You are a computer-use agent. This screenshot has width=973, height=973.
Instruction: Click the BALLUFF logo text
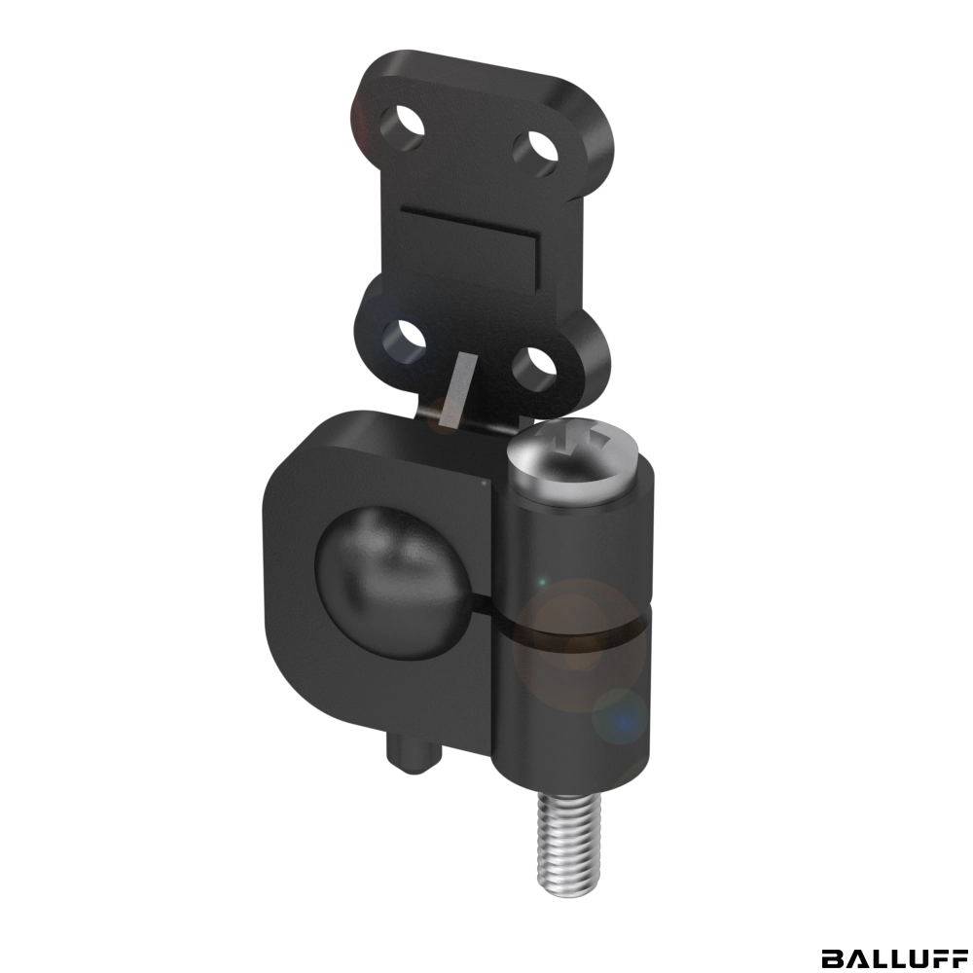pyautogui.click(x=893, y=956)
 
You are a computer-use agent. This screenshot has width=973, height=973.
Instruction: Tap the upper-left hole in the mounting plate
pyautogui.click(x=403, y=128)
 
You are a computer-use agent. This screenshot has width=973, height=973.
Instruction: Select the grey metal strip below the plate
pyautogui.click(x=454, y=390)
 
